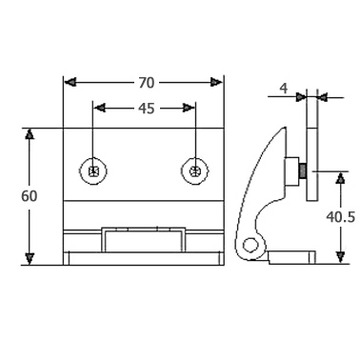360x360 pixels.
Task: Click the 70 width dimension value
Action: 147,83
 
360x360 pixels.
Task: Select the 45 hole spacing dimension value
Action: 147,109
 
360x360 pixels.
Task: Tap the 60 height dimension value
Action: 30,196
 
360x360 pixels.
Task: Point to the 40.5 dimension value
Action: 340,217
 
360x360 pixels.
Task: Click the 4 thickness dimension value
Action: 284,89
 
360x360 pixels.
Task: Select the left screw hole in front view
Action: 93,171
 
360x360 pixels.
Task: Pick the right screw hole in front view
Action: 195,171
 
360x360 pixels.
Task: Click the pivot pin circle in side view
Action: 250,245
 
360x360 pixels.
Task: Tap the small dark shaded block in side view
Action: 303,171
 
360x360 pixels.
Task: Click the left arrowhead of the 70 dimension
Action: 70,83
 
